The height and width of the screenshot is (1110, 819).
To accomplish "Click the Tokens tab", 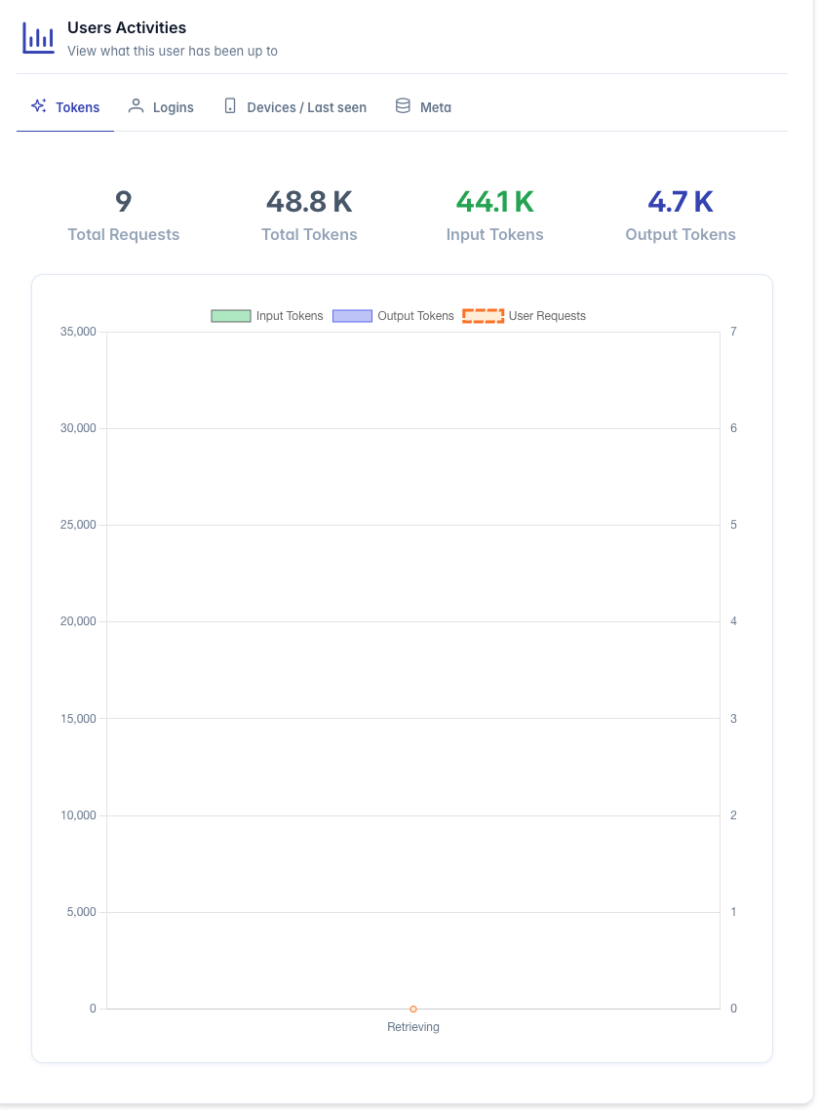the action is click(x=65, y=107).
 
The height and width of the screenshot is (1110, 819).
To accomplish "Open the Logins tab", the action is click(x=161, y=107).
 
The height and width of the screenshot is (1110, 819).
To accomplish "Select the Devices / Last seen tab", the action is click(x=295, y=107).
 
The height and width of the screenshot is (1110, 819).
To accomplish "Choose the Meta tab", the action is click(x=423, y=107).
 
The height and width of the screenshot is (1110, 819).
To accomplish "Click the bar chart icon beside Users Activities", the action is click(x=38, y=37).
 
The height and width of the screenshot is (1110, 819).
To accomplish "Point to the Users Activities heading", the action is click(x=127, y=27).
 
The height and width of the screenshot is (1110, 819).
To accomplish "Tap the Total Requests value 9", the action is click(x=123, y=202).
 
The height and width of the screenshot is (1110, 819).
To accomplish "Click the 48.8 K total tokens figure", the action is click(x=309, y=202).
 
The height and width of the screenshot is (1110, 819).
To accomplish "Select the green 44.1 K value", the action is click(x=494, y=202).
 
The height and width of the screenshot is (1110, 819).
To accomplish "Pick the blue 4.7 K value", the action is click(x=681, y=202).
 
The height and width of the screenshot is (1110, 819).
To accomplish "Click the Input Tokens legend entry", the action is click(x=267, y=316).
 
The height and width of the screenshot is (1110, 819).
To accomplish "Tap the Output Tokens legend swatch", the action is click(x=353, y=316).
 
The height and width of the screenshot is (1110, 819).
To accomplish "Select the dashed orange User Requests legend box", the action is click(x=484, y=316).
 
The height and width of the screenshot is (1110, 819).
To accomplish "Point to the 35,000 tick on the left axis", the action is click(x=78, y=332).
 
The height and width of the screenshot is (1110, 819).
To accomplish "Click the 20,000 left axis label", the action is click(x=78, y=621).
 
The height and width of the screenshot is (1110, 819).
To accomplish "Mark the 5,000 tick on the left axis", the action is click(x=81, y=912).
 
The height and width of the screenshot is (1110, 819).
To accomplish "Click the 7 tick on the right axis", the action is click(x=733, y=332).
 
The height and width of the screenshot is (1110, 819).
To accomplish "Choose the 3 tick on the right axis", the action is click(x=733, y=719).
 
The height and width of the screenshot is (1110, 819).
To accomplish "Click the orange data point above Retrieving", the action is click(x=413, y=1009).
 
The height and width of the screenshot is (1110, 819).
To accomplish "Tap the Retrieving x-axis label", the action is click(x=413, y=1026).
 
